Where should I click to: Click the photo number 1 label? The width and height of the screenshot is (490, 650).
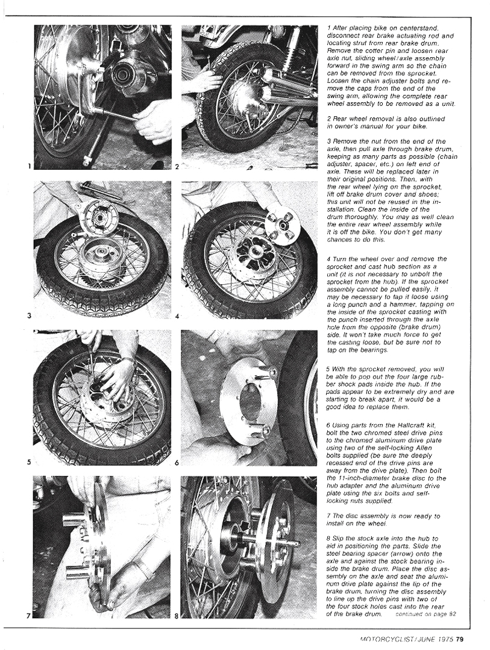[28, 166]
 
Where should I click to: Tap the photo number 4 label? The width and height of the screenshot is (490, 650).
[177, 315]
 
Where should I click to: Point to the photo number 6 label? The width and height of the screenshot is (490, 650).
[177, 463]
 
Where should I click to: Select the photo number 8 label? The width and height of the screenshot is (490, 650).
[177, 616]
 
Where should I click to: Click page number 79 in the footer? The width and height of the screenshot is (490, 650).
[460, 639]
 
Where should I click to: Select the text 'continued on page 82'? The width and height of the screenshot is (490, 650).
[427, 614]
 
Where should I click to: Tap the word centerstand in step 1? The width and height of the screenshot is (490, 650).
[420, 28]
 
